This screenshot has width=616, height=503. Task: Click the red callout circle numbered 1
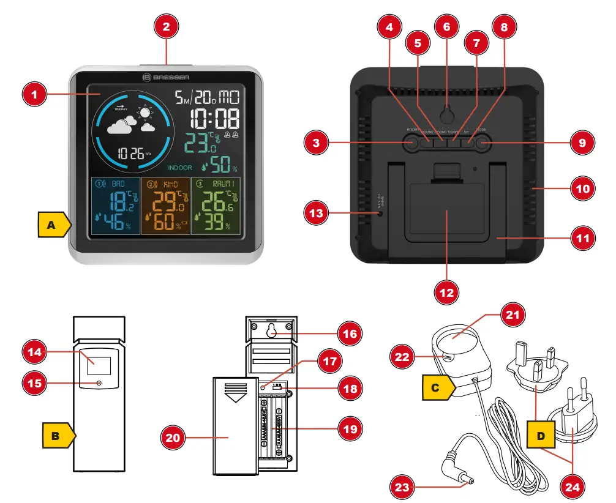(35, 94)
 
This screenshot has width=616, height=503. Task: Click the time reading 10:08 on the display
(214, 119)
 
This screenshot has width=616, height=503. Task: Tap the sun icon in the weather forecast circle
(145, 113)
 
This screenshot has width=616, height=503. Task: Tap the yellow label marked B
(58, 436)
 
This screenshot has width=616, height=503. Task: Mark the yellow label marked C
(438, 387)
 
